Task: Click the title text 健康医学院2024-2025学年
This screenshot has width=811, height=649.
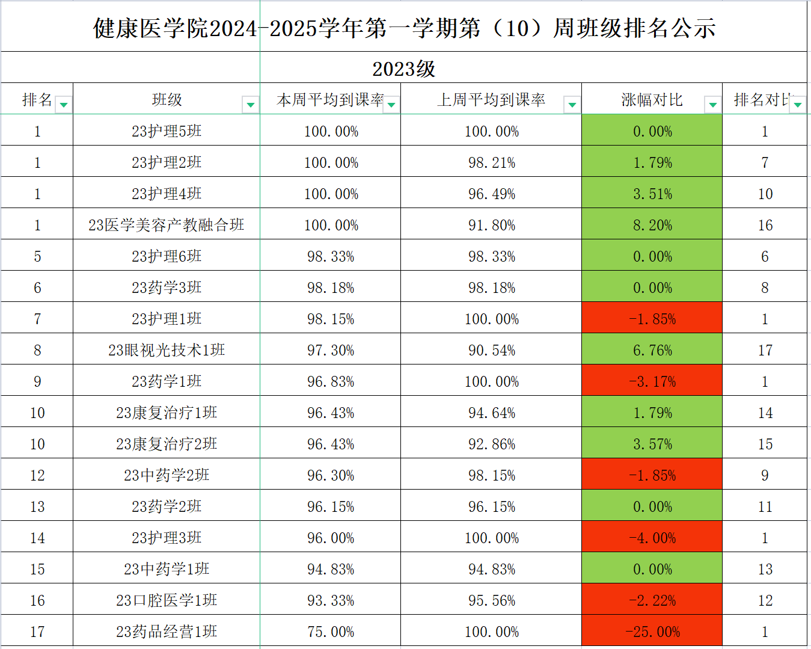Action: point(404,28)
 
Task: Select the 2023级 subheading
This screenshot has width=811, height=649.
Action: point(404,69)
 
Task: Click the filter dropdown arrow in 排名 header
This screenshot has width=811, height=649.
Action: point(64,105)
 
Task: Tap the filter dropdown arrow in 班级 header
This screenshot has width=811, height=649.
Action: point(251,105)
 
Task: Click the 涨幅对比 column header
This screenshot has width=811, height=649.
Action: point(652,100)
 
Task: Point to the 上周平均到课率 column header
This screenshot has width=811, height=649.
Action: point(491,100)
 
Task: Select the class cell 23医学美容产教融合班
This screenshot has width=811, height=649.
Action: point(167,225)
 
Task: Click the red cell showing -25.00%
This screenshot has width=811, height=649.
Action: point(652,632)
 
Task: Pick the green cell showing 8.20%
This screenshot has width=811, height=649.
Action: point(652,225)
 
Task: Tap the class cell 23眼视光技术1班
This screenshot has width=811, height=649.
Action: point(167,350)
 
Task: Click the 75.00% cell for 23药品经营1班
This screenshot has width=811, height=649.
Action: point(331,632)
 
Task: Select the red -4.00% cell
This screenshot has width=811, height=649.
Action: point(652,538)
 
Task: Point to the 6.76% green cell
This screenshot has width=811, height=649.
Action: point(652,350)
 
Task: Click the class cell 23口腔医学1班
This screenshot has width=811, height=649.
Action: point(167,600)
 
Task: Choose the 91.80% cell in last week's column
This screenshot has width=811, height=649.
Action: point(492,225)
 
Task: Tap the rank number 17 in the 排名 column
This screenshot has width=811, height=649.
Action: point(37,632)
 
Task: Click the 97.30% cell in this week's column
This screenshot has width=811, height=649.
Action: point(331,350)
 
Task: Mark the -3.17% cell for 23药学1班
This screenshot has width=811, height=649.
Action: point(652,381)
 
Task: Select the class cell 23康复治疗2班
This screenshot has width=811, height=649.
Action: point(167,444)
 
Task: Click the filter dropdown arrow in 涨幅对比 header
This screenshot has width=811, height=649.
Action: point(712,105)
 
